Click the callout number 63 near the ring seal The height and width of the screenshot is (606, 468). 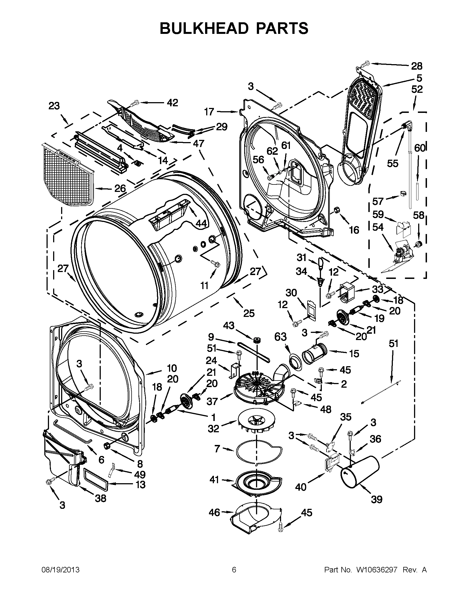click(280, 337)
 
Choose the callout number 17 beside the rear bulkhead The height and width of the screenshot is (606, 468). click(209, 112)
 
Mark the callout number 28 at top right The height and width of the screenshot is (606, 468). click(417, 66)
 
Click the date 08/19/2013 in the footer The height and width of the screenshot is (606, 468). click(61, 570)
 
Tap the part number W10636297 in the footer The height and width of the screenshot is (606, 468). click(374, 570)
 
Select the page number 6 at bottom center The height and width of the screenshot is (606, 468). click(234, 570)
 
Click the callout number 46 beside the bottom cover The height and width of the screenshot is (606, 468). click(214, 512)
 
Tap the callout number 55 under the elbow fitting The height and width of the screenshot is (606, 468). click(393, 164)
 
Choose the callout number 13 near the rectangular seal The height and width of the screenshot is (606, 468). click(141, 485)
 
